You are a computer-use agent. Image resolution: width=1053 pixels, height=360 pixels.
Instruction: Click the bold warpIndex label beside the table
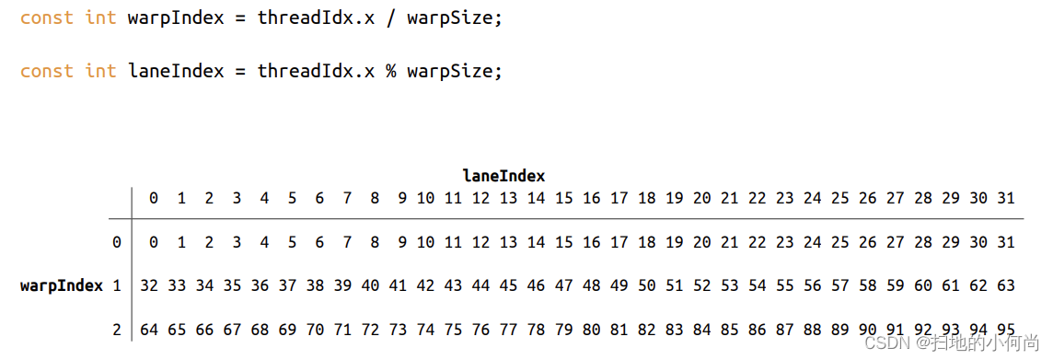(x=62, y=285)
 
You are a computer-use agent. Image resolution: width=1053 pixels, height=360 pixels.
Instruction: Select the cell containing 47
(x=563, y=285)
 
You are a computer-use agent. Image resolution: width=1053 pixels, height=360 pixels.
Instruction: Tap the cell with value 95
(x=1005, y=329)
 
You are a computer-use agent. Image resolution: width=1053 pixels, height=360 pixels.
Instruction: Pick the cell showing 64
(x=149, y=329)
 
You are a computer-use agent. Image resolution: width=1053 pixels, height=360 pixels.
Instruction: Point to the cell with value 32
(x=149, y=285)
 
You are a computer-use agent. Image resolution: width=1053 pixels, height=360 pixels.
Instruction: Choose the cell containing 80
(x=591, y=329)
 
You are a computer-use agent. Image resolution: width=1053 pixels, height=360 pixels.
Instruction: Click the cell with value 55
(x=784, y=285)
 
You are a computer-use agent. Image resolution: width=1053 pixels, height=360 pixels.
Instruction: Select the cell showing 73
(x=398, y=329)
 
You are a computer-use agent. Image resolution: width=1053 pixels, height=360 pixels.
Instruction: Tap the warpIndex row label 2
(x=117, y=329)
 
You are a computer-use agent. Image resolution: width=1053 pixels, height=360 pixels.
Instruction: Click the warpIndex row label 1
(x=117, y=285)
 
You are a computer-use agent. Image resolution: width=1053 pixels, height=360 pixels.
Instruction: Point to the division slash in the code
(x=390, y=18)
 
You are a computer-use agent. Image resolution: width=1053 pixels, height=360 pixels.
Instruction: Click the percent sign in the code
(x=390, y=71)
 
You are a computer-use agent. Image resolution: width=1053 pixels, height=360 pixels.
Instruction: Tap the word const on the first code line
(x=46, y=18)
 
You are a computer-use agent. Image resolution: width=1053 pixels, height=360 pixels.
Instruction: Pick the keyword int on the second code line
(x=100, y=71)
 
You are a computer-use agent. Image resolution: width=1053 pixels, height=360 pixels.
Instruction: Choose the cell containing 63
(x=1005, y=285)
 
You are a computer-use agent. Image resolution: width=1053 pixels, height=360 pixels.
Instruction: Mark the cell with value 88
(x=812, y=329)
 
